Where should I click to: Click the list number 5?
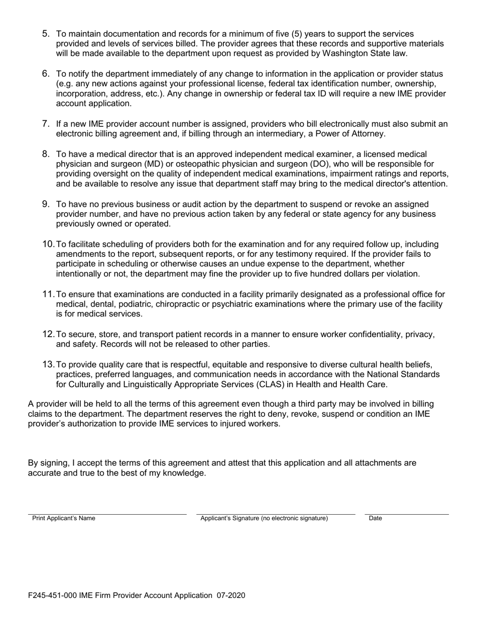click(46, 34)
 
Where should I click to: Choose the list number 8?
click(46, 154)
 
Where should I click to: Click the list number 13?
click(48, 365)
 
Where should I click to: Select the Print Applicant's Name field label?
click(64, 518)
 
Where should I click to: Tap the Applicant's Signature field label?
click(264, 518)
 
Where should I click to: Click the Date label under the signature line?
click(375, 518)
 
